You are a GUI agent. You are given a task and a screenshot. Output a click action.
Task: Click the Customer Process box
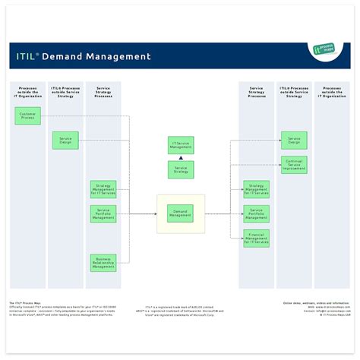tap(28, 116)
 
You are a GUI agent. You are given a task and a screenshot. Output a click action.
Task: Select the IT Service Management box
tap(180, 146)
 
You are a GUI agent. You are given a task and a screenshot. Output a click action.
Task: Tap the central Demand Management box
tap(180, 213)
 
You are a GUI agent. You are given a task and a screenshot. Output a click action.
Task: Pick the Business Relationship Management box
tap(103, 263)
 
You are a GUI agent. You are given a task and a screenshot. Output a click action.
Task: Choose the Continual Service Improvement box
tap(294, 166)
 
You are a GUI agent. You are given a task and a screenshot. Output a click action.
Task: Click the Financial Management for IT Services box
tap(256, 238)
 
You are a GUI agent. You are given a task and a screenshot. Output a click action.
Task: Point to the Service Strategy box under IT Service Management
tap(180, 169)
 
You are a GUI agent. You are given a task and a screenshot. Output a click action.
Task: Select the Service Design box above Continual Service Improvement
tap(294, 141)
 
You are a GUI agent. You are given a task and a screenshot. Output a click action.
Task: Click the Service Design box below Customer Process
tap(65, 141)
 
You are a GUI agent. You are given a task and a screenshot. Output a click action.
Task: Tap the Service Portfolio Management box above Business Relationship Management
tap(103, 213)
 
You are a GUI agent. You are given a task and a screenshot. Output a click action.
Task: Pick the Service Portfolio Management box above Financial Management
tap(256, 213)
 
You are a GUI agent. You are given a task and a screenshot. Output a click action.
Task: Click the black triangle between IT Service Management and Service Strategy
tap(180, 157)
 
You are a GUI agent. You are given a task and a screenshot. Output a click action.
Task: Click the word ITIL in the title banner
tap(29, 56)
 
